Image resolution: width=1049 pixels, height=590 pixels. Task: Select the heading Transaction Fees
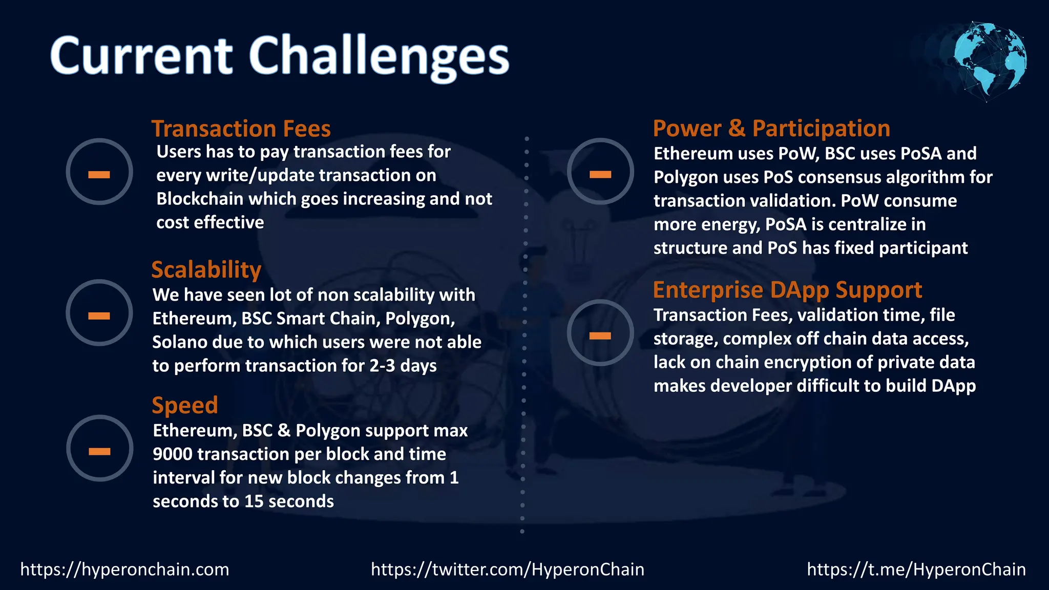click(x=241, y=129)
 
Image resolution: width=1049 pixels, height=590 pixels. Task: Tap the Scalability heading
click(x=206, y=270)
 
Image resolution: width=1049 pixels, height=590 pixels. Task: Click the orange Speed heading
click(x=184, y=405)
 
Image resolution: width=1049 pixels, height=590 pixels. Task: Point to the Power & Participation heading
click(x=771, y=128)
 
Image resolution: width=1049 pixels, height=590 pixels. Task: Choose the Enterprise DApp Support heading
click(x=787, y=290)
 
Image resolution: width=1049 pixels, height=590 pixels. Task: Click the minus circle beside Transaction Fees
click(x=99, y=172)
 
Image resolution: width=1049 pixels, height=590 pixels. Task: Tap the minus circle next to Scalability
click(x=99, y=313)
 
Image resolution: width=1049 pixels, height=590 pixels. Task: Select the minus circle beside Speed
click(x=99, y=449)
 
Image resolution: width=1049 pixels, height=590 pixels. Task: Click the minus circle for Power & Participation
click(x=600, y=172)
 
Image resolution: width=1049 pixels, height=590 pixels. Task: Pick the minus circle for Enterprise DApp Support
click(x=600, y=333)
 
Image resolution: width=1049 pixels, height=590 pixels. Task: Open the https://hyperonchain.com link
click(x=124, y=569)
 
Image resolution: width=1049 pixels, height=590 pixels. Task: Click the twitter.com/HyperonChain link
click(x=507, y=569)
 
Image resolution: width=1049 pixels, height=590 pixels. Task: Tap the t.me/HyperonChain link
click(x=916, y=569)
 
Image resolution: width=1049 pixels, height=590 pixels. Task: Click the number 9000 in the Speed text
click(x=172, y=454)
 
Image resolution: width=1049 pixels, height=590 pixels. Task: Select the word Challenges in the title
click(x=379, y=56)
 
